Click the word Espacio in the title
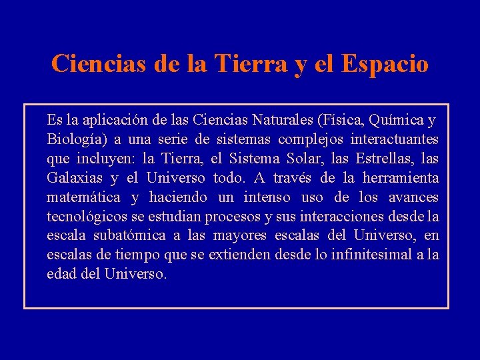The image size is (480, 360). [x=385, y=64]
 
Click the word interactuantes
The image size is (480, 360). [x=397, y=140]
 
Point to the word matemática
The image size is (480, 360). [x=83, y=198]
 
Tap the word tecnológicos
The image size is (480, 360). [x=87, y=217]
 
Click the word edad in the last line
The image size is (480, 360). [x=60, y=275]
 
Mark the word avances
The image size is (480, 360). [x=413, y=198]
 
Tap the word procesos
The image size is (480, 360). [x=234, y=217]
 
